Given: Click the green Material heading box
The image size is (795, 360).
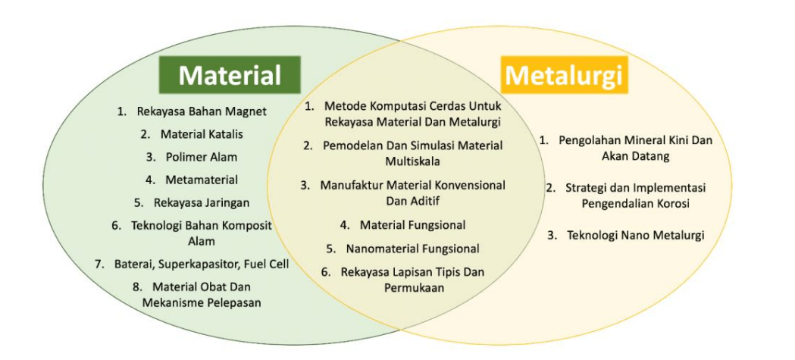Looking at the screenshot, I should click(x=230, y=74).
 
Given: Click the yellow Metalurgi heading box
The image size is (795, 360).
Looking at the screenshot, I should click(x=564, y=74).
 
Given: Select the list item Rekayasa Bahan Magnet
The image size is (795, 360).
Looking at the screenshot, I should click(x=202, y=111).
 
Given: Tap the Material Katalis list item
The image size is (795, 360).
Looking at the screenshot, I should click(x=202, y=135).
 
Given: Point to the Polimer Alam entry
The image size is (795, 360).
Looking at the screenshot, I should click(x=202, y=158).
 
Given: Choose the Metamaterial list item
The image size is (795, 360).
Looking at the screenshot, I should click(x=202, y=180).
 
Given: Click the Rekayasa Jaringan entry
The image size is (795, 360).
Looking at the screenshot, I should click(x=202, y=203).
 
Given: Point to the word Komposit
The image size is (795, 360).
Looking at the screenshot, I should click(x=247, y=226).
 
